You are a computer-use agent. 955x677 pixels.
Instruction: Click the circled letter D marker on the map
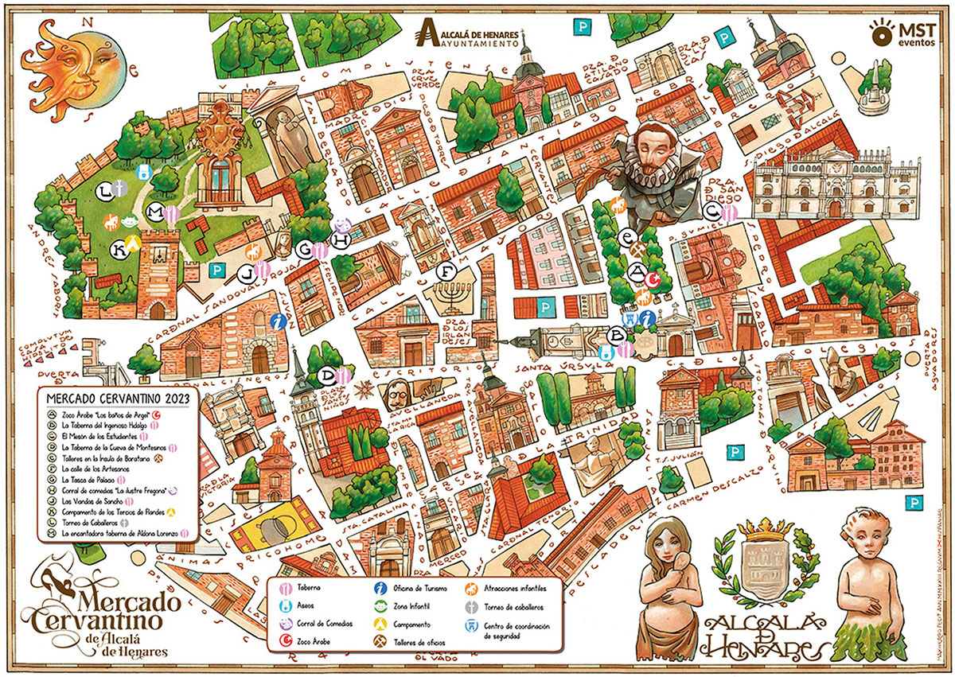[326, 375]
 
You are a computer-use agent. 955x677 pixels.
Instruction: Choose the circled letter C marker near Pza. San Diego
[713, 211]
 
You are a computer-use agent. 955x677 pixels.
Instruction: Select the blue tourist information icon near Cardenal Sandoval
[278, 321]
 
